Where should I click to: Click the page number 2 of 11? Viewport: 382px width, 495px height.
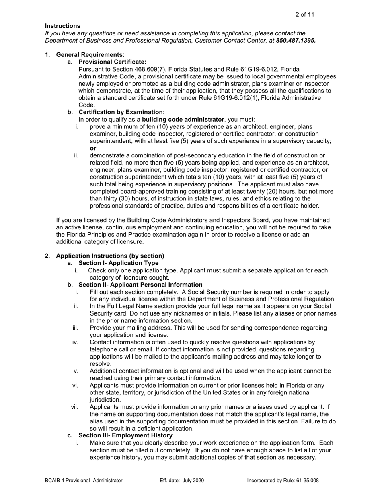(304, 15)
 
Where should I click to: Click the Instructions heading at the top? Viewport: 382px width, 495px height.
(62, 26)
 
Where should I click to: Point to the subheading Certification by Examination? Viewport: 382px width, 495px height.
(121, 112)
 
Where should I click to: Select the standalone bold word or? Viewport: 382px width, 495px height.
(93, 148)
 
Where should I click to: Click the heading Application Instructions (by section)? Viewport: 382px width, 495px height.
(110, 256)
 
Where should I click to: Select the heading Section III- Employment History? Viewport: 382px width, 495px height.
(125, 435)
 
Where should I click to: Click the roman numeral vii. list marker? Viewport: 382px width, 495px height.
(75, 407)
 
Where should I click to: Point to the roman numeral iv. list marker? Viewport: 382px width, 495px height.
(75, 342)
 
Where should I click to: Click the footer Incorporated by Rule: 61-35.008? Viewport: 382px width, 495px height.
(283, 480)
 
